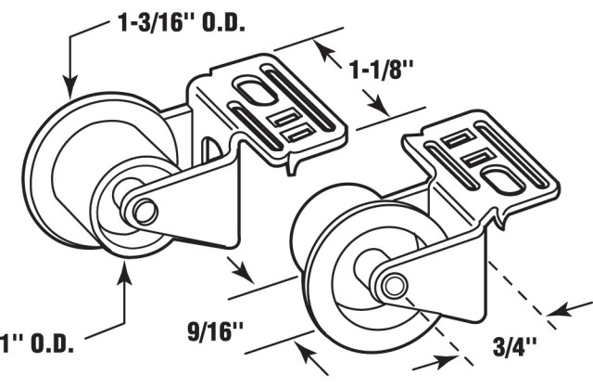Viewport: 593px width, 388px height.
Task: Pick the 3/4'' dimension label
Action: point(506,350)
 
